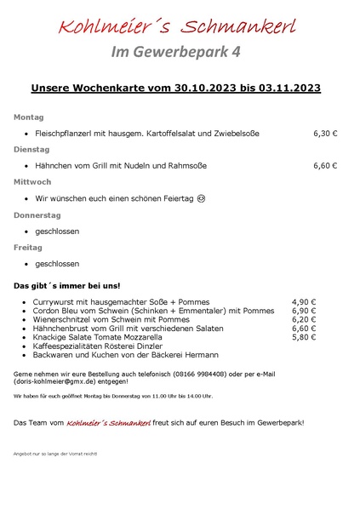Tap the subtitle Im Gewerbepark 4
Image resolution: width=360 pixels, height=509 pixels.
(176, 51)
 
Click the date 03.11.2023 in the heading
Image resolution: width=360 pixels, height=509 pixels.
(284, 88)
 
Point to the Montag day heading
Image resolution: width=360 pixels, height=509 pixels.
(28, 117)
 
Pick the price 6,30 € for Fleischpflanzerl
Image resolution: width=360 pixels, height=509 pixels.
(325, 134)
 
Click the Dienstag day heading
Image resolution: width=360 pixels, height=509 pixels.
(31, 149)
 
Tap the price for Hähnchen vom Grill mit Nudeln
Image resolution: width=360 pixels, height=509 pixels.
(325, 166)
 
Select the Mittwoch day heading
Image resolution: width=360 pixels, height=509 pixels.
(32, 182)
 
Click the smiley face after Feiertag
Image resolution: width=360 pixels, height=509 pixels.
(201, 198)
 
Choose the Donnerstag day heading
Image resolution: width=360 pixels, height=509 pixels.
(37, 215)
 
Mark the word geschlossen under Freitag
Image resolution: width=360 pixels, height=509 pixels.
(57, 264)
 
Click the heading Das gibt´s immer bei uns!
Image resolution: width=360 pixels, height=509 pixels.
(66, 285)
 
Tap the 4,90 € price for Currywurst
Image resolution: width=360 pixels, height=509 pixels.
(304, 302)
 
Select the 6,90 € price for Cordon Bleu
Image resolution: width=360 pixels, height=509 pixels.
(304, 311)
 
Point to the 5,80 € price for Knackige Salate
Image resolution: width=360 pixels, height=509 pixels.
(304, 337)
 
